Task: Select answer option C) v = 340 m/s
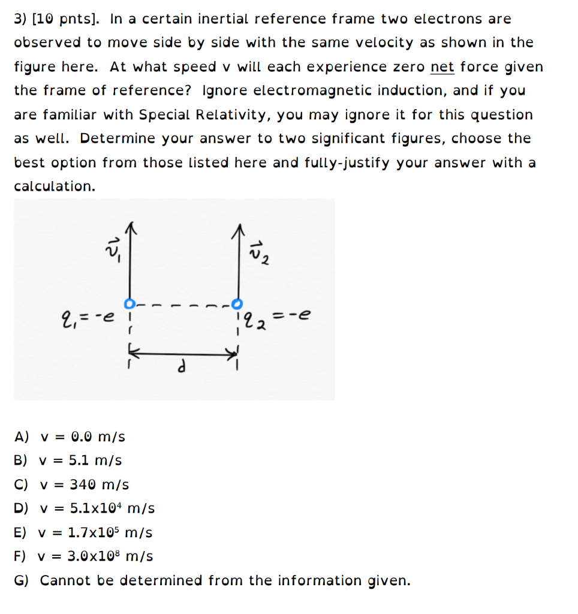[71, 484]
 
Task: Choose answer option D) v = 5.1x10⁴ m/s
[85, 508]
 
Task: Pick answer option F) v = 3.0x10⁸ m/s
[83, 556]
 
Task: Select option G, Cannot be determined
[212, 580]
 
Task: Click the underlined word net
[442, 67]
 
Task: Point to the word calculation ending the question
[54, 186]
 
